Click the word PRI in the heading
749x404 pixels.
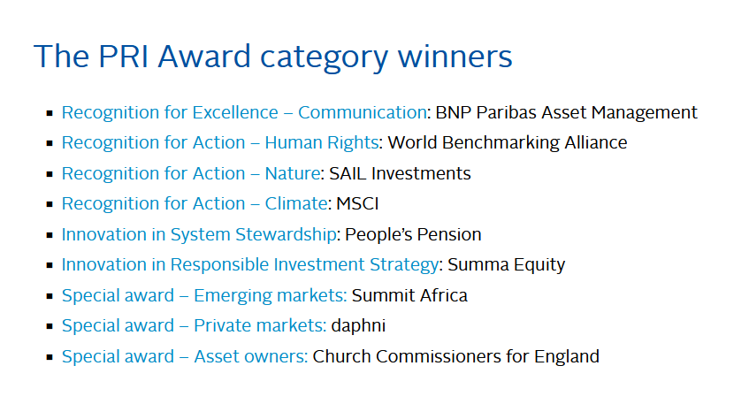123,57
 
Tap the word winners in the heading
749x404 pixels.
455,57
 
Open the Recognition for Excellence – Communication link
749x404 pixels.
244,112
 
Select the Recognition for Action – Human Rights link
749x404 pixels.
220,143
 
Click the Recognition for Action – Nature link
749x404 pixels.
191,173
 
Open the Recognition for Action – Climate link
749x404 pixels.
195,204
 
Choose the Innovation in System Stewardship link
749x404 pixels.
199,234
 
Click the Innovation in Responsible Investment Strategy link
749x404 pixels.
250,264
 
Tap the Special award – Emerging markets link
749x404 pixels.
204,295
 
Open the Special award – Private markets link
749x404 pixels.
194,325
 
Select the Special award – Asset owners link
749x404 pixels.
185,357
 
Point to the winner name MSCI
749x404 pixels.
357,204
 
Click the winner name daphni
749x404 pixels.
358,325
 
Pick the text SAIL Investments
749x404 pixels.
400,173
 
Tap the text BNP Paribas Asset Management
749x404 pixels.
566,112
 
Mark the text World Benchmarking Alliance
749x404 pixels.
508,143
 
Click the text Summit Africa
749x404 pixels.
409,295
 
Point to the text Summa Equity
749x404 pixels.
507,265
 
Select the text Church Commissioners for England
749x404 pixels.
455,357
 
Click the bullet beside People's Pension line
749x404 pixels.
50,235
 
